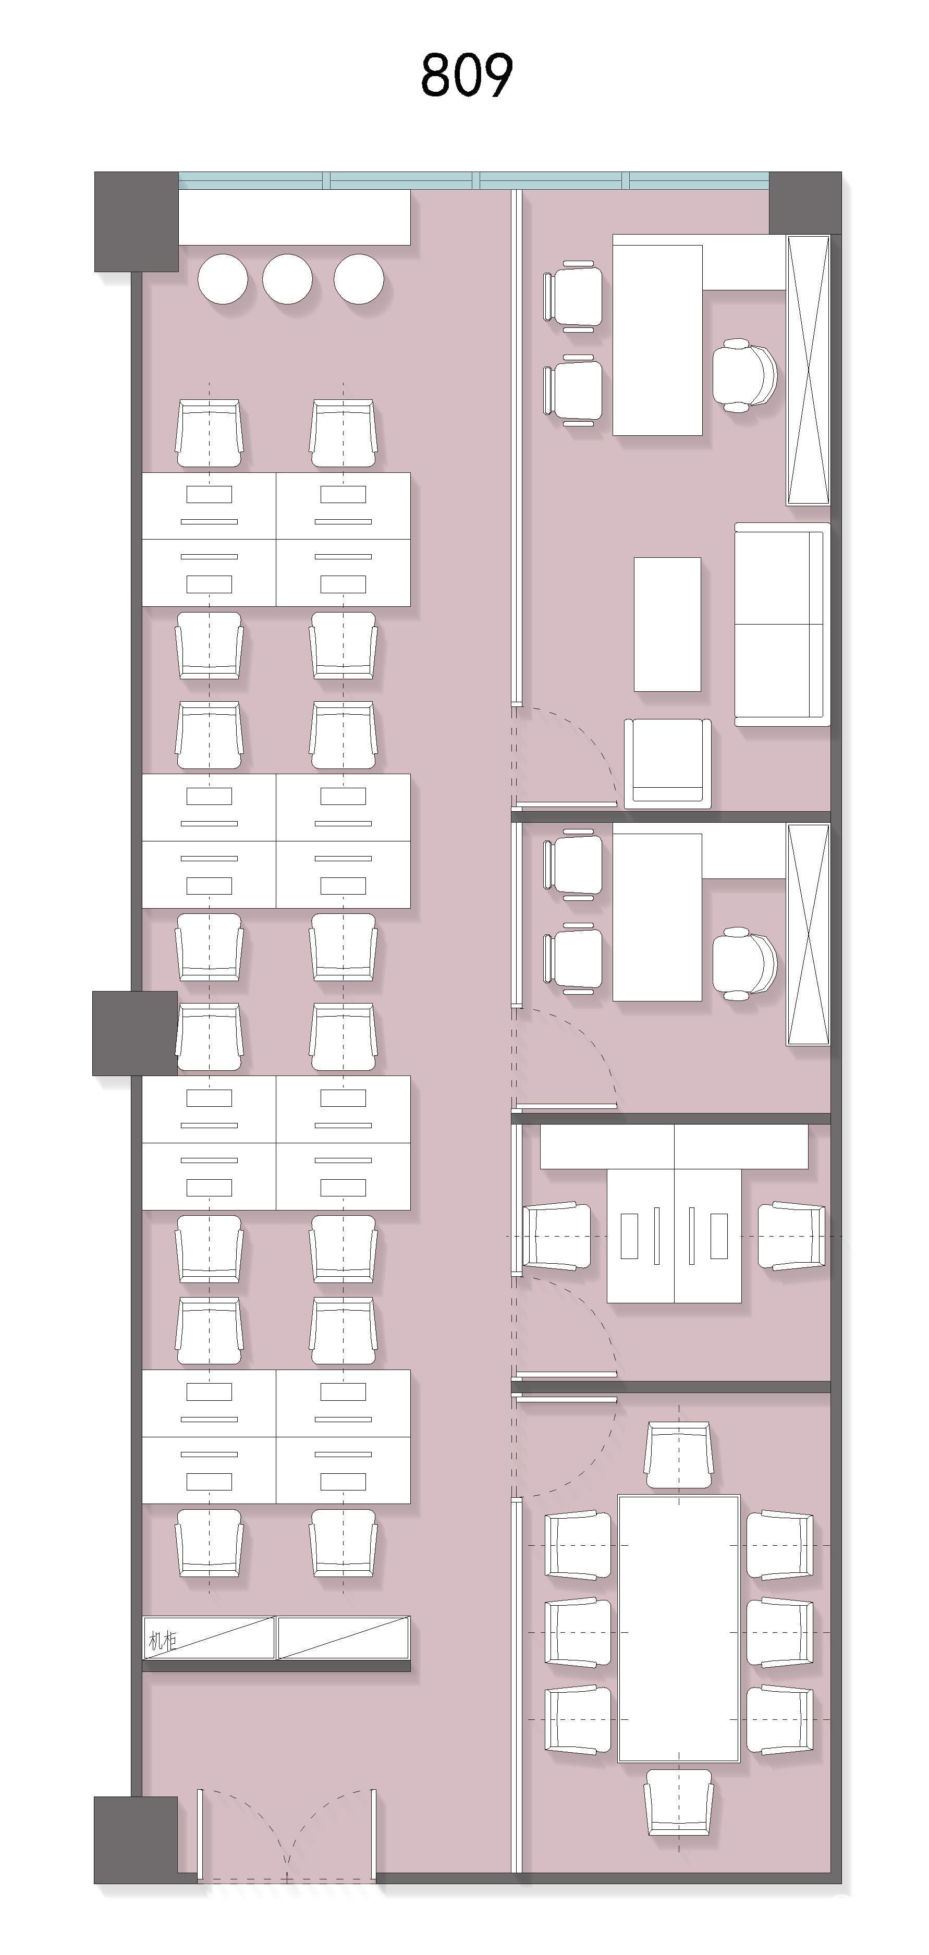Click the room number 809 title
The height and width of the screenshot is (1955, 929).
(x=467, y=75)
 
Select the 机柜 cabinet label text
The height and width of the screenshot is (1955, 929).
(x=163, y=1642)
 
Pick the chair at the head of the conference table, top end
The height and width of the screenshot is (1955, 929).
(x=679, y=1455)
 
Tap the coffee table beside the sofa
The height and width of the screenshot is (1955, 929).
(x=667, y=625)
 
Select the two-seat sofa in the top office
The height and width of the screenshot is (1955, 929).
(x=782, y=625)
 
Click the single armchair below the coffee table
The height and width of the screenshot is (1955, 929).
(x=668, y=763)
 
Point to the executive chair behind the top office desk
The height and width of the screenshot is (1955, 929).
(x=744, y=376)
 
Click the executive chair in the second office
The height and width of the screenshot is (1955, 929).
(x=744, y=964)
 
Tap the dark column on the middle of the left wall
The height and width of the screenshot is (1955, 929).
(x=135, y=1033)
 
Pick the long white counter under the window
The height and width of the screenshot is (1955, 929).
(x=295, y=217)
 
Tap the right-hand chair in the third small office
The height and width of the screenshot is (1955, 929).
(x=791, y=1236)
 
